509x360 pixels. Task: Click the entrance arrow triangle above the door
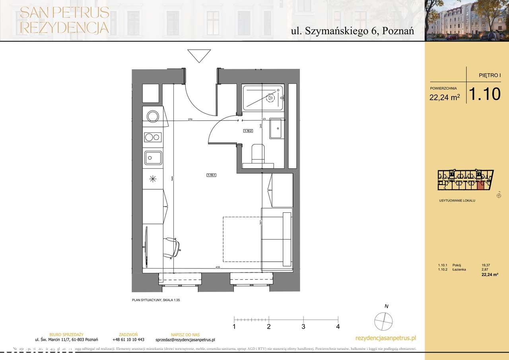pyautogui.click(x=199, y=55)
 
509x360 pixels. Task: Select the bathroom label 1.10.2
pyautogui.click(x=248, y=130)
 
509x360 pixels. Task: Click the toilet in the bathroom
pyautogui.click(x=258, y=154)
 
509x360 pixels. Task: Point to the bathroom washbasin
pyautogui.click(x=276, y=128)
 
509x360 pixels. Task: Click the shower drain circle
pyautogui.click(x=271, y=97)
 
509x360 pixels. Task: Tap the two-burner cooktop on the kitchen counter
pyautogui.click(x=153, y=137)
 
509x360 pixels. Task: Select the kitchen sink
pyautogui.click(x=153, y=158)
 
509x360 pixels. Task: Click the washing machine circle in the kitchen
pyautogui.click(x=153, y=116)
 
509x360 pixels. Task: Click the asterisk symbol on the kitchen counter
pyautogui.click(x=153, y=179)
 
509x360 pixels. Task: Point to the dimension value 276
pyautogui.click(x=190, y=120)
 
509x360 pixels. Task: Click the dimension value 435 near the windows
pyautogui.click(x=218, y=268)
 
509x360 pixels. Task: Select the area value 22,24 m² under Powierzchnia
pyautogui.click(x=445, y=97)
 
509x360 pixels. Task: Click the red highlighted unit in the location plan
pyautogui.click(x=480, y=184)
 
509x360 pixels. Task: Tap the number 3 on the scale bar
pyautogui.click(x=303, y=327)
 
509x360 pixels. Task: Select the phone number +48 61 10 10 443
pyautogui.click(x=128, y=340)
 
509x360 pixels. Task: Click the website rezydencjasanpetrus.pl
pyautogui.click(x=385, y=338)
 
